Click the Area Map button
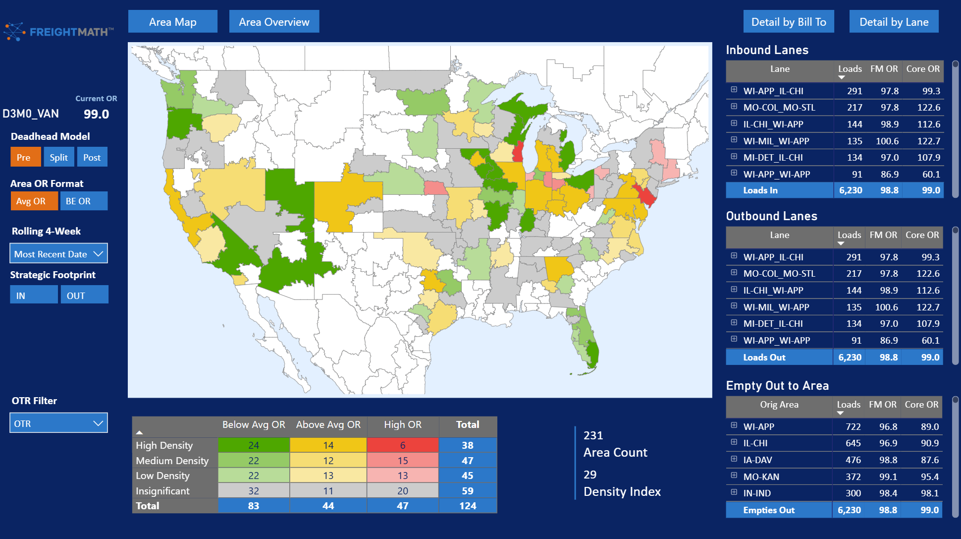pos(173,22)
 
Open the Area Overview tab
pos(274,22)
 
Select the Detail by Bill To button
pos(789,22)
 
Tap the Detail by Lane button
pos(894,22)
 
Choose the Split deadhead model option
pos(59,157)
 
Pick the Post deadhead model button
pos(92,157)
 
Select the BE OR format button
pos(84,201)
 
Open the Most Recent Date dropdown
pos(58,253)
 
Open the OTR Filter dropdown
pos(58,423)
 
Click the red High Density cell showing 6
pos(403,445)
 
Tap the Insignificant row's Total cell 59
pos(468,491)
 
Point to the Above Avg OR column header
pos(328,425)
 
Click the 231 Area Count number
pos(593,435)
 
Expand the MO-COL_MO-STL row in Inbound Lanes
pos(734,107)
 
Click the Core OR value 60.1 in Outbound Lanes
pos(930,340)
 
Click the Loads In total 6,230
pos(851,190)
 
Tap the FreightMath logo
pos(58,32)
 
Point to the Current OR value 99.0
pos(96,114)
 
